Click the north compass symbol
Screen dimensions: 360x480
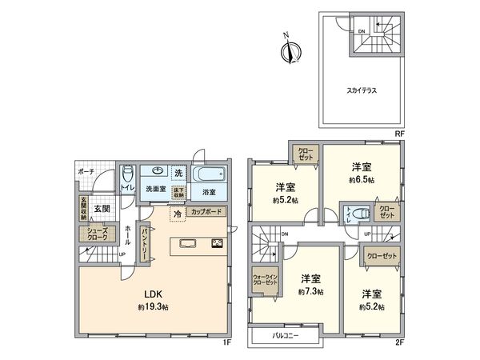(x=289, y=50)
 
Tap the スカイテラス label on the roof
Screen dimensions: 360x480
(x=363, y=91)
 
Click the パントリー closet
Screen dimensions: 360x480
(x=145, y=242)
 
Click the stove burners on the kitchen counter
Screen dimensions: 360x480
(x=218, y=244)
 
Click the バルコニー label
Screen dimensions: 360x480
(x=285, y=336)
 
